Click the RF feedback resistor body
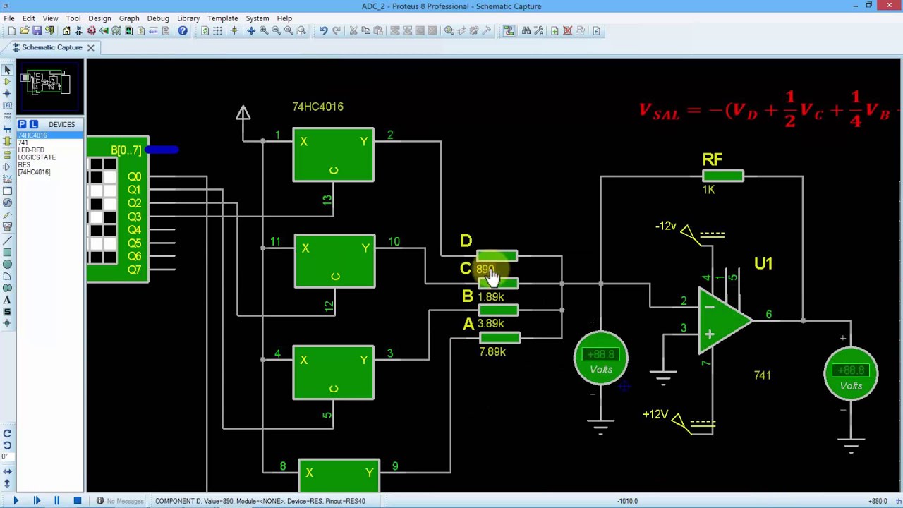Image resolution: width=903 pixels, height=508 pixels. pos(722,176)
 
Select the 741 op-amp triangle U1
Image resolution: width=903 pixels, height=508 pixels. pos(724,322)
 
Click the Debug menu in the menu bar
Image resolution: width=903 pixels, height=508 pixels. pos(157,18)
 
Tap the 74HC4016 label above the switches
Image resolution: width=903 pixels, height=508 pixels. pos(317,107)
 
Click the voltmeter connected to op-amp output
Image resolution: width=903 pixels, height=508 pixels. pos(851,375)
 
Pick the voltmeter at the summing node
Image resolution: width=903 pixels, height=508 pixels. pos(600,359)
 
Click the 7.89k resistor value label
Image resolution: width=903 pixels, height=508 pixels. pos(492,351)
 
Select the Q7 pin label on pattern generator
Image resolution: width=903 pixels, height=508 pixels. pos(134,270)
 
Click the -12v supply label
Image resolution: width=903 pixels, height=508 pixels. pos(665,226)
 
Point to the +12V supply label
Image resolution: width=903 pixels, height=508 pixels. pos(655,414)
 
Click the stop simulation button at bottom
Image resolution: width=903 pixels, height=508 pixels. pos(77,501)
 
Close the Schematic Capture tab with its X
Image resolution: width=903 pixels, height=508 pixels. pos(90,47)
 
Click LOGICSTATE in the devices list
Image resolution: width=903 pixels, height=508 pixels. pos(37,157)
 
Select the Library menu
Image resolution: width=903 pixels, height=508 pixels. pos(188,18)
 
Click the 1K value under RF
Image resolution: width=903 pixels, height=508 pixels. pos(708,190)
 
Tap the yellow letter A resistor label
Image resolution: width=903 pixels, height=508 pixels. pos(468,325)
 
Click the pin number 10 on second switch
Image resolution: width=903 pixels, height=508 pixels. pos(394,242)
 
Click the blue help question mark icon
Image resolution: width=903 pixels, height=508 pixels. pos(183,31)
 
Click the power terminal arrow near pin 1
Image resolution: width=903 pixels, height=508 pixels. pos(243,113)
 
